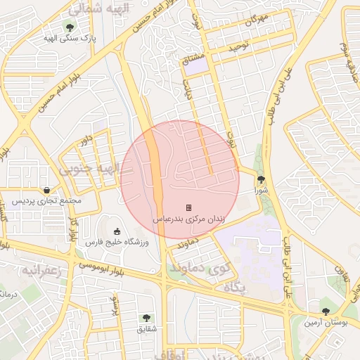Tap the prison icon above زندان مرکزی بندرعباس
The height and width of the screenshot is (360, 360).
[188, 207]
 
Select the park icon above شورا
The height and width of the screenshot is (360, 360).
[261, 180]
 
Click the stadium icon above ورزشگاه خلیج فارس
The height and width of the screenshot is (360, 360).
[117, 231]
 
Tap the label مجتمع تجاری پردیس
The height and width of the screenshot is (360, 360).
[46, 201]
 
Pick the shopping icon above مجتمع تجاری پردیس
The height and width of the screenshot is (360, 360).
[46, 190]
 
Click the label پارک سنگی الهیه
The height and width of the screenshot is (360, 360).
[68, 37]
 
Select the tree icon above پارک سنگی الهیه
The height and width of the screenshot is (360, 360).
[69, 26]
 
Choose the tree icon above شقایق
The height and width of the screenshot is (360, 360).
[146, 318]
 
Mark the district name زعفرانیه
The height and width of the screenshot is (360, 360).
[42, 270]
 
